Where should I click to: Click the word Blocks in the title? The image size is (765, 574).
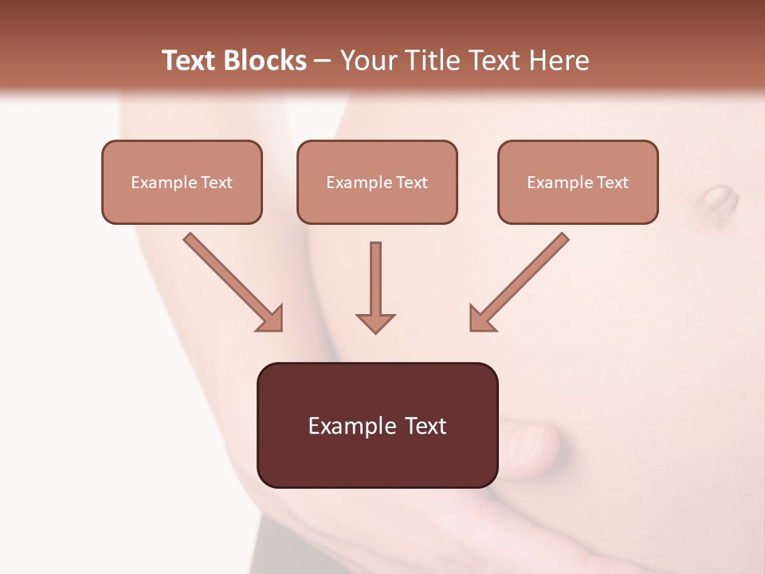coord(266,61)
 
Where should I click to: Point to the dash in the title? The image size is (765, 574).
coord(324,61)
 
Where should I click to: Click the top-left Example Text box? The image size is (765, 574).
coord(182,182)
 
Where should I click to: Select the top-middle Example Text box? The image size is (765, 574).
coord(377,182)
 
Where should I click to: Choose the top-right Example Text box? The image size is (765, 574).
coord(578,182)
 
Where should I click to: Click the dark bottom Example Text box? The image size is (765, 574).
coord(377,425)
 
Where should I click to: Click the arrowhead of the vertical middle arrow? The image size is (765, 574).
coord(375,322)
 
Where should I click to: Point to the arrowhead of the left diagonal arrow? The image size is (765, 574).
coord(270,318)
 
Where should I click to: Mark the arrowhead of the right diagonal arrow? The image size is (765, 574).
coord(481,318)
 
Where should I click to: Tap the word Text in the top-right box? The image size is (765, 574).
coord(612,182)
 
